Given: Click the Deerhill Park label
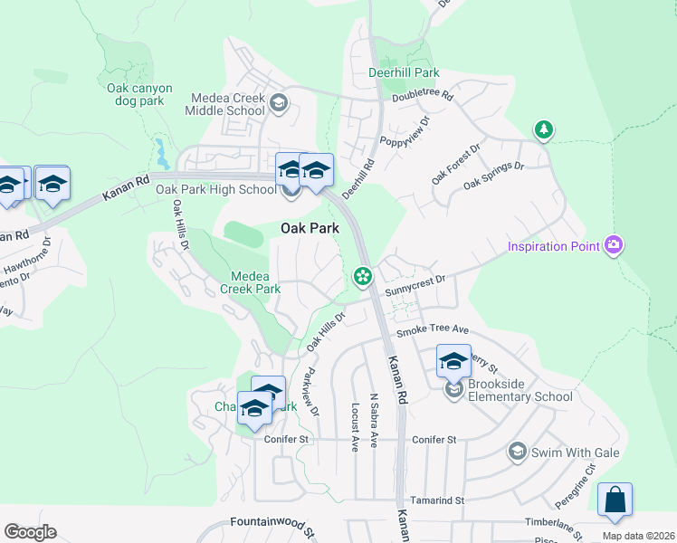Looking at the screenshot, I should [404, 72].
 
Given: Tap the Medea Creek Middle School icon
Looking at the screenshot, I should [279, 101].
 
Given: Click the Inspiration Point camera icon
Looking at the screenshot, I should [615, 245].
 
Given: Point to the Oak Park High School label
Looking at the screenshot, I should [216, 189].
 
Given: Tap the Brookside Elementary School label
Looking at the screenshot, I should [520, 396].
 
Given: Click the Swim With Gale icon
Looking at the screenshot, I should [517, 451].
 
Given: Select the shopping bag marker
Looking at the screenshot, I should [615, 500].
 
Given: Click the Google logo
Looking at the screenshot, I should [30, 532].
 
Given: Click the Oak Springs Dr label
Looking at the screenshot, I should [494, 176].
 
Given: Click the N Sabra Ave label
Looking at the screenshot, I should [373, 419].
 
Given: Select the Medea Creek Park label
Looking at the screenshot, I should [250, 282].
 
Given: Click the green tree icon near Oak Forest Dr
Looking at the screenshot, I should [543, 130].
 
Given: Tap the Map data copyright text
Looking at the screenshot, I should [637, 535].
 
